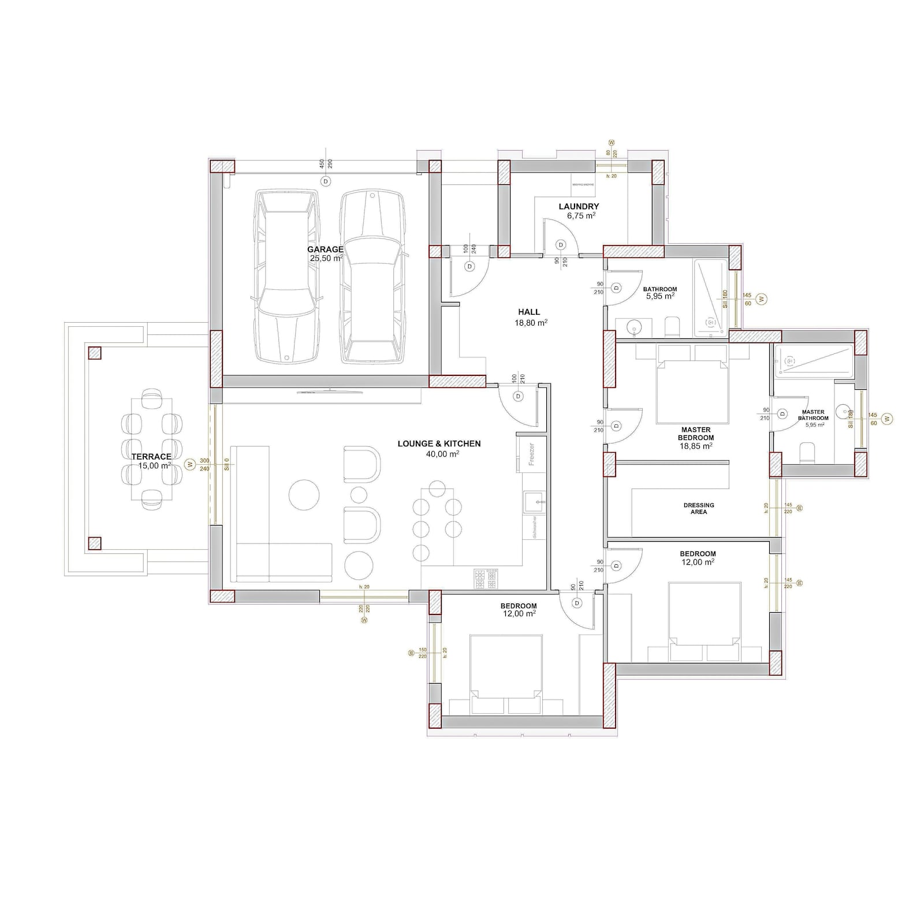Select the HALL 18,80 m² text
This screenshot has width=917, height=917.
530,317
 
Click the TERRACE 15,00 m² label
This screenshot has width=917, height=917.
151,460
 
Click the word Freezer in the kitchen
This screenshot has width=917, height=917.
531,454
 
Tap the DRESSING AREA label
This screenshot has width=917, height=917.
699,508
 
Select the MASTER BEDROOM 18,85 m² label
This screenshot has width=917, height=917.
696,438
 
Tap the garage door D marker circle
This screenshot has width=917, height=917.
326,181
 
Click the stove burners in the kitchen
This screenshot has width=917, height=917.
486,579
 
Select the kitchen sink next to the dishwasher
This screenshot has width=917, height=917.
534,502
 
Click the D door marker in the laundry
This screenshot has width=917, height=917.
560,244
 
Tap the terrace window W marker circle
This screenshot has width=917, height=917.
188,464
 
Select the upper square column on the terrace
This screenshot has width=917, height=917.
95,352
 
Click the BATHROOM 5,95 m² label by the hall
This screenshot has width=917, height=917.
660,293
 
